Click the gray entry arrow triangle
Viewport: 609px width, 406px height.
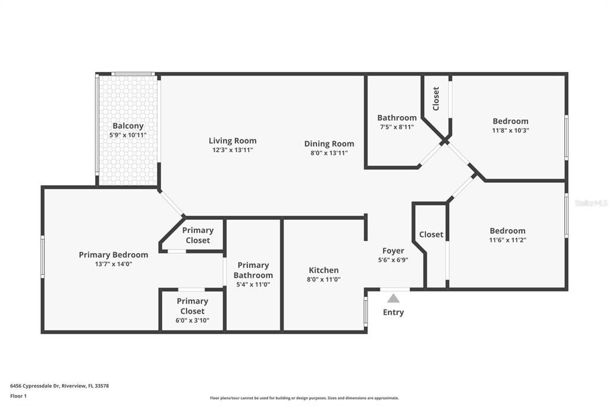(393, 298)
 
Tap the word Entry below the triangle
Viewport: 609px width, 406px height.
(393, 312)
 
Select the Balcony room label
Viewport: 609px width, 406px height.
(128, 126)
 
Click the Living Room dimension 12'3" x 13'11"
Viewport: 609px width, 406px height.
(233, 150)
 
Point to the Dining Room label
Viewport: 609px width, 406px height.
(329, 143)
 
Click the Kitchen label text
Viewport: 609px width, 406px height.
(324, 270)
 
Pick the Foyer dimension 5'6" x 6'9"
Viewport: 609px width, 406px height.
(393, 260)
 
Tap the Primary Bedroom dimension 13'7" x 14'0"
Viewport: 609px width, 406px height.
(114, 264)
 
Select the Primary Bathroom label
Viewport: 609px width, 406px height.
(253, 270)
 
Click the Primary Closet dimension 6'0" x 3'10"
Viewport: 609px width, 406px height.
(192, 320)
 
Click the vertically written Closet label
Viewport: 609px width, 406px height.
(436, 98)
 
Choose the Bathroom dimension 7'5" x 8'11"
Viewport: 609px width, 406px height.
(397, 127)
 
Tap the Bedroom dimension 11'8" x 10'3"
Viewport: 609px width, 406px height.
(510, 130)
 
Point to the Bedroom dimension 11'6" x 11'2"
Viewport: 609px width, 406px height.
(507, 240)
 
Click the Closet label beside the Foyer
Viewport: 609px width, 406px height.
(431, 235)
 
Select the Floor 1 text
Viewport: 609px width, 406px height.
(21, 395)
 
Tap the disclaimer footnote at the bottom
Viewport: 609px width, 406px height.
(304, 398)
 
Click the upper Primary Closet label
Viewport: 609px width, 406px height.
(197, 235)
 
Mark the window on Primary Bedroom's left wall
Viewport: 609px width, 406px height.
(42, 257)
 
